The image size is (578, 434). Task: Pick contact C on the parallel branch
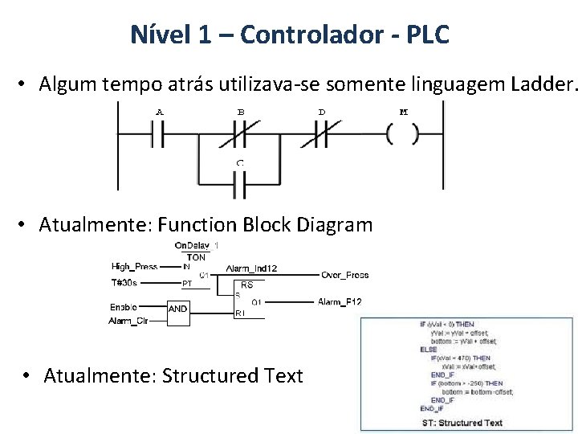239,186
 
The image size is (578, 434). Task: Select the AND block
178,309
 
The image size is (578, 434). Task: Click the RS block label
246,285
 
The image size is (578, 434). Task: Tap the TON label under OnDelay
196,257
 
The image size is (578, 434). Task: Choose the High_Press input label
134,267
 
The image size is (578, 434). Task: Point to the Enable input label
124,306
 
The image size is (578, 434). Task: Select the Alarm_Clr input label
128,321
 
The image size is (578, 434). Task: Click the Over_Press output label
344,275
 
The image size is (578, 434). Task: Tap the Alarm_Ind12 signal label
251,268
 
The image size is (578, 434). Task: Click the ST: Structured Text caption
462,423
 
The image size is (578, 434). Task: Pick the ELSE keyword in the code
429,350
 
